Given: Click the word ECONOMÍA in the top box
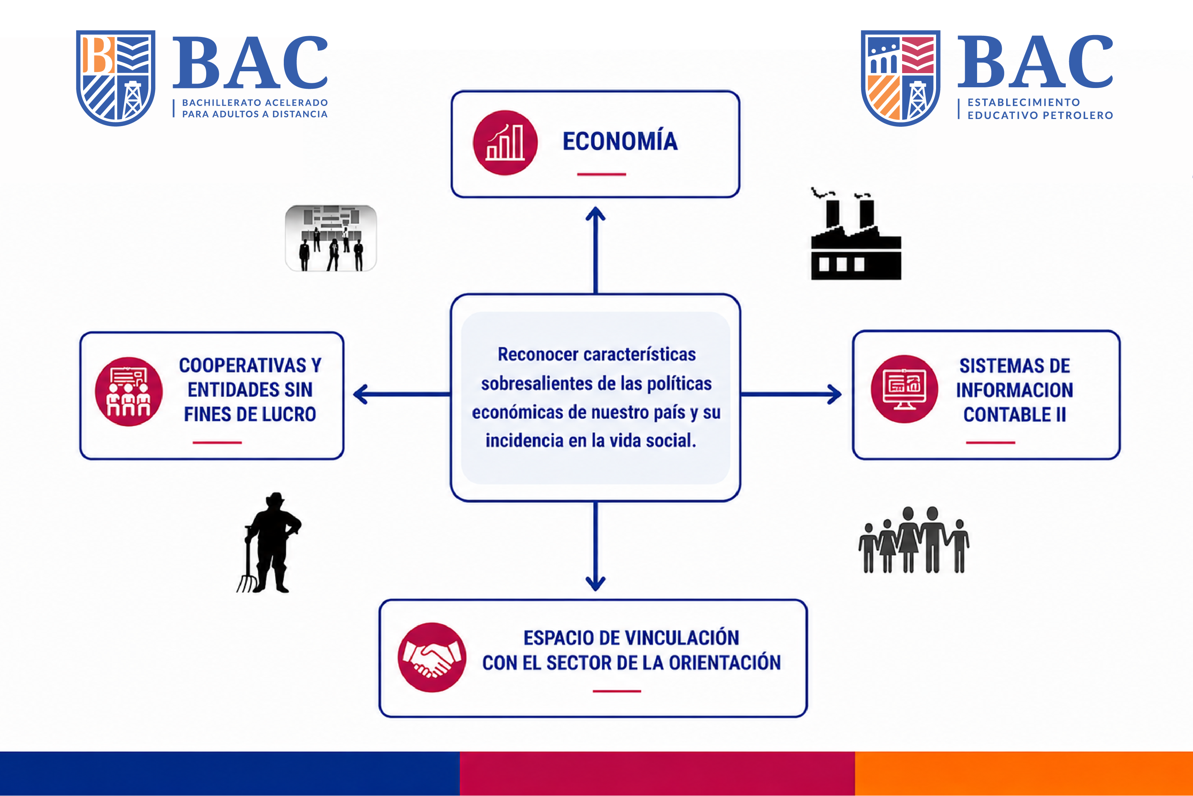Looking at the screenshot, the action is [x=620, y=141].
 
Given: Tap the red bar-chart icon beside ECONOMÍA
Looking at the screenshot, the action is [x=505, y=142].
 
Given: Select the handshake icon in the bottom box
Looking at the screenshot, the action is [x=432, y=657].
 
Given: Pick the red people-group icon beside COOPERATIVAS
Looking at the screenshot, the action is [x=129, y=391].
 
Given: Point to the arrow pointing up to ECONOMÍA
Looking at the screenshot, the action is [x=595, y=250].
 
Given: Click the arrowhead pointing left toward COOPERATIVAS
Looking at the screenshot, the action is [x=361, y=394].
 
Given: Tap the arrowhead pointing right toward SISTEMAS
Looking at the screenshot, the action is [x=834, y=394].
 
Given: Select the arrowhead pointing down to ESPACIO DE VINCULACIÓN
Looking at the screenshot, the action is [x=595, y=584].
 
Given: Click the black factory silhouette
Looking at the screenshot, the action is [x=856, y=234].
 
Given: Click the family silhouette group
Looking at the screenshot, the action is [x=913, y=540].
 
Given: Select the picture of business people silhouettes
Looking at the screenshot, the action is [x=331, y=238].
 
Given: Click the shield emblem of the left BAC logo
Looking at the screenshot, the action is [x=116, y=78].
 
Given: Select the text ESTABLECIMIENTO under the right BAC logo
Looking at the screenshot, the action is [x=1024, y=102].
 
